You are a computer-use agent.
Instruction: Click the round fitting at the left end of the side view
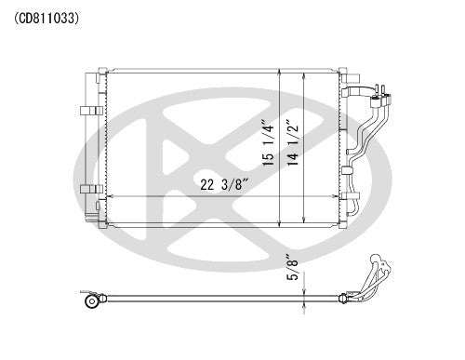coord(91,301)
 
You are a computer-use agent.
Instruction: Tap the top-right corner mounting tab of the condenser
coord(341,72)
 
